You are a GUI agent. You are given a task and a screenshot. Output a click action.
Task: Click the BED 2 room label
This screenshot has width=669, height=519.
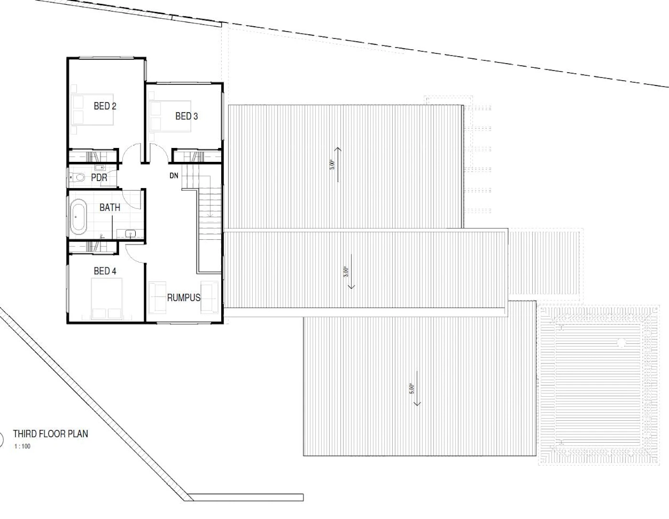tap(105, 106)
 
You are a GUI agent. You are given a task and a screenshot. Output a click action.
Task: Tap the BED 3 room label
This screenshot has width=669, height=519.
tap(186, 116)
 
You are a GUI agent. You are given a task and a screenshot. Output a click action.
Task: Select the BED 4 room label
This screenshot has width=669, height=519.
tap(105, 271)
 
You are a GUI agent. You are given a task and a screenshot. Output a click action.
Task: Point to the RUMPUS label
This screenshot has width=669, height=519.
tap(184, 297)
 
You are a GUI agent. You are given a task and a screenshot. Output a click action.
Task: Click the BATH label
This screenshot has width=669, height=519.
tap(110, 208)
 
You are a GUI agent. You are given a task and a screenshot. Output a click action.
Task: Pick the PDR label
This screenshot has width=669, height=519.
tap(99, 178)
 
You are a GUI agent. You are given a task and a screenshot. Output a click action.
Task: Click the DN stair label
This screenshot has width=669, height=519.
tap(174, 176)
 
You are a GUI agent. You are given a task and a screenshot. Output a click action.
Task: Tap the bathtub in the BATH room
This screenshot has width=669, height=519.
tap(78, 217)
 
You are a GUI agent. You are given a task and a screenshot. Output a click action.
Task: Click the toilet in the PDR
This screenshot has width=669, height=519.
tap(77, 177)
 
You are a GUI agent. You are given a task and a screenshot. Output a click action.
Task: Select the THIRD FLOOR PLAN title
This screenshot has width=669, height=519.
tap(51, 434)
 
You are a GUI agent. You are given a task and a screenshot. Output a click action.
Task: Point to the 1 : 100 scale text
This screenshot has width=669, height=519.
tap(22, 446)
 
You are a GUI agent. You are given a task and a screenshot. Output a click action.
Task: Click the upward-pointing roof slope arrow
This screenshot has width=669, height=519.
tap(338, 165)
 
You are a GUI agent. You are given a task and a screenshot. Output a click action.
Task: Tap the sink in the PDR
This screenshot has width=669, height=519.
tap(100, 168)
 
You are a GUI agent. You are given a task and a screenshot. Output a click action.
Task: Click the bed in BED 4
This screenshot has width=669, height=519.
tap(107, 298)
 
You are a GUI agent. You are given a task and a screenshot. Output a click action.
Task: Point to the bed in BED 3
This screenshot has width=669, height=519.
tap(170, 116)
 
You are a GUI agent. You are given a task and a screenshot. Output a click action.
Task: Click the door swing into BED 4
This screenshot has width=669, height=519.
tap(135, 254)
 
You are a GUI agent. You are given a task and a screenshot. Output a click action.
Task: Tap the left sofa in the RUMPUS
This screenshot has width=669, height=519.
tap(157, 297)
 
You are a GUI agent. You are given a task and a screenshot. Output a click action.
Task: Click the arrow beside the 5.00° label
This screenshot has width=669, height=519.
tap(417, 388)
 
